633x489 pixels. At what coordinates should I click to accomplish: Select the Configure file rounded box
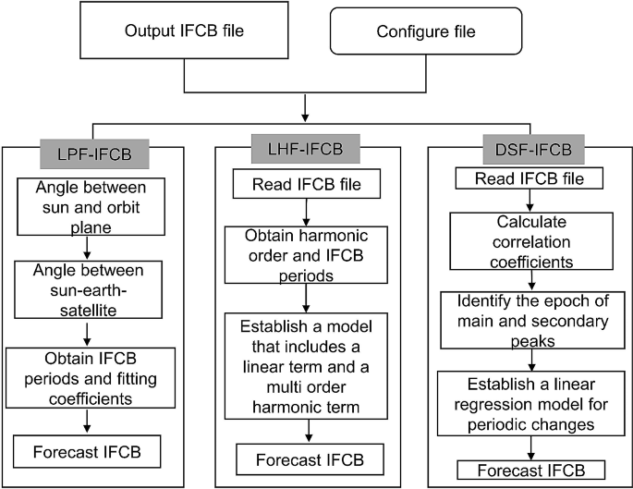point(425,32)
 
